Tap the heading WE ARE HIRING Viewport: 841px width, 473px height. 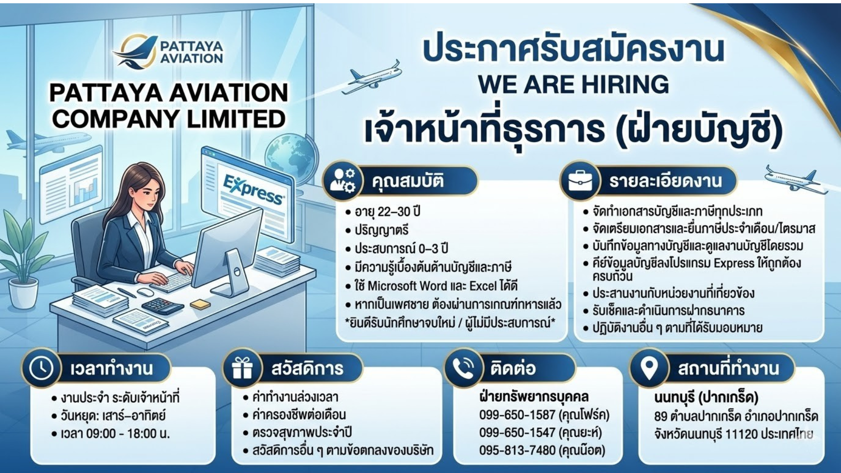(573, 85)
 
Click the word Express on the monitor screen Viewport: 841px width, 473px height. (254, 190)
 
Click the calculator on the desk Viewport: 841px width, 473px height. (163, 305)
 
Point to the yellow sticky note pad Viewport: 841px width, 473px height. (200, 304)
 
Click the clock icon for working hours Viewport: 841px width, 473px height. (41, 368)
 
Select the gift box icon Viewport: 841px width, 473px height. (242, 368)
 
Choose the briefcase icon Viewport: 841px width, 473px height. (580, 180)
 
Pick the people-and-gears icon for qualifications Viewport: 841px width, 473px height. (343, 180)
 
